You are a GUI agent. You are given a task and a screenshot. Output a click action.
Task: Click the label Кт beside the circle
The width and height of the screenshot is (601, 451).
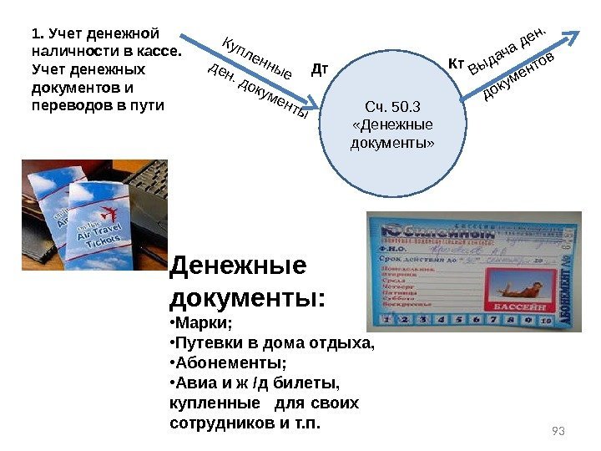pos(456,63)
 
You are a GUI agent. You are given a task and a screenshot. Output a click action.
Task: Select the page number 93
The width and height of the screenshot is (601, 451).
pos(559,431)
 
